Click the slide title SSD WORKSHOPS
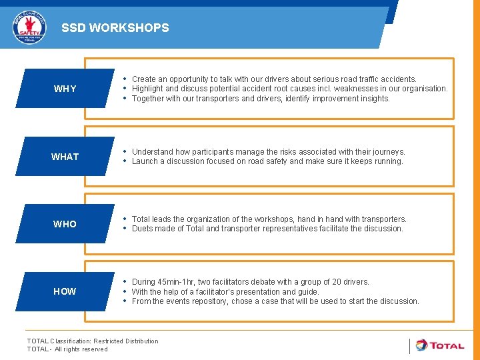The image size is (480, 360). coord(115,28)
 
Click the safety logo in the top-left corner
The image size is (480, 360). coord(30,27)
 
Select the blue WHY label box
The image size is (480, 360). coord(65,89)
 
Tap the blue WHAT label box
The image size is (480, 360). coord(65,157)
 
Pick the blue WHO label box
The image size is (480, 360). coord(65,224)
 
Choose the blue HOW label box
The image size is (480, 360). coord(65,291)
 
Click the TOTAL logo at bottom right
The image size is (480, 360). coord(440,345)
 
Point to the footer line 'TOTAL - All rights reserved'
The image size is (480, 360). coord(67,349)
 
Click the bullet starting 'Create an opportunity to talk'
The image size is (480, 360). coord(274,79)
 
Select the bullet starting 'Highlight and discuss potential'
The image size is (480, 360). coord(289,89)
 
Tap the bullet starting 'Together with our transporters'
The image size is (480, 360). coord(261,99)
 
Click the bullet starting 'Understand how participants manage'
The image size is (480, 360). coord(268,152)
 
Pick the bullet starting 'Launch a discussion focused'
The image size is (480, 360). coord(267,161)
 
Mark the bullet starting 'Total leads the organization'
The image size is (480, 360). coord(269,219)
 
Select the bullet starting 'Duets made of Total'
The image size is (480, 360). coord(267,229)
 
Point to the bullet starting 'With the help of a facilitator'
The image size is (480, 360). coord(225,291)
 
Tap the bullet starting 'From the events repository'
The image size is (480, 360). coord(275,301)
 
